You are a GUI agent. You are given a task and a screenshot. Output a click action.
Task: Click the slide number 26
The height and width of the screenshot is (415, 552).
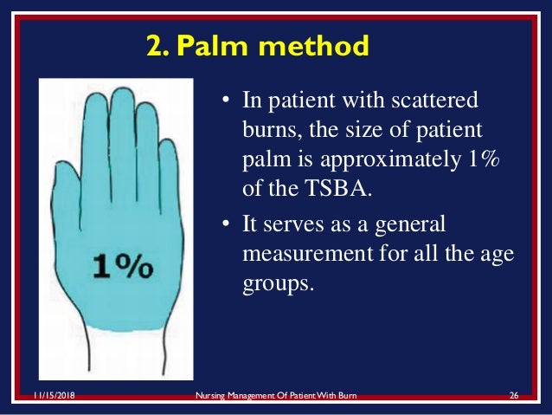[x=513, y=396]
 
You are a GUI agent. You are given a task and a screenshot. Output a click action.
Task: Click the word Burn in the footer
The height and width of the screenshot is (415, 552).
[x=346, y=396]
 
